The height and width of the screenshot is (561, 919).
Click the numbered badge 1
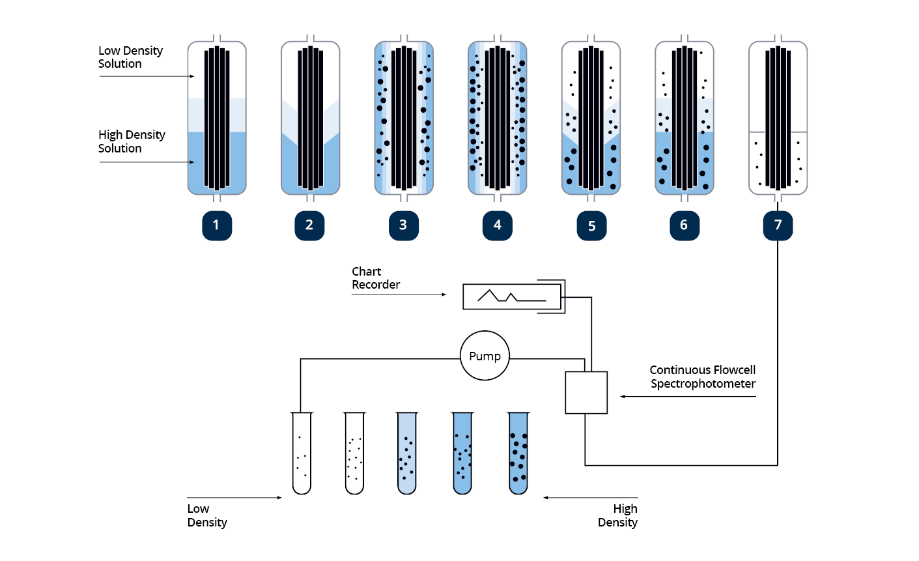(216, 225)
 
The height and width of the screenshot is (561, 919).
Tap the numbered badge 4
(497, 225)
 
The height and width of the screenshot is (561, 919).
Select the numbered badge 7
(778, 225)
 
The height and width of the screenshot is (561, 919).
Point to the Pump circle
(485, 356)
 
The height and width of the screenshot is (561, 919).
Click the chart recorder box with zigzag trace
(511, 297)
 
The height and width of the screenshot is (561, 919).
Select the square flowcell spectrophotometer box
(586, 392)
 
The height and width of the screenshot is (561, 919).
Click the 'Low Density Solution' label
(130, 57)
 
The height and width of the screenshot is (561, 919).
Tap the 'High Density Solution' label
(132, 141)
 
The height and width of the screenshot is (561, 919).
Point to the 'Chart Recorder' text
(376, 278)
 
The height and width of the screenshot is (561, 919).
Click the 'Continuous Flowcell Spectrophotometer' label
(702, 377)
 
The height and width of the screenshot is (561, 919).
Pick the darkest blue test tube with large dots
(518, 453)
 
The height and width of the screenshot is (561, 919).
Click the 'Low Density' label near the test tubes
(207, 515)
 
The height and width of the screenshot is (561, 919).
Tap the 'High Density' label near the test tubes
(617, 515)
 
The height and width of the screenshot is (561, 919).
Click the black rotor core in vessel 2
(310, 117)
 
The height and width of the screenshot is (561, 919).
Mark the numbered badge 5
(591, 225)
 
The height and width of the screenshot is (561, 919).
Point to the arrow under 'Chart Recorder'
(399, 295)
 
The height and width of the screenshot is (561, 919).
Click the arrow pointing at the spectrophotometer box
(687, 396)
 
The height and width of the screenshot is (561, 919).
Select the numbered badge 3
(403, 225)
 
